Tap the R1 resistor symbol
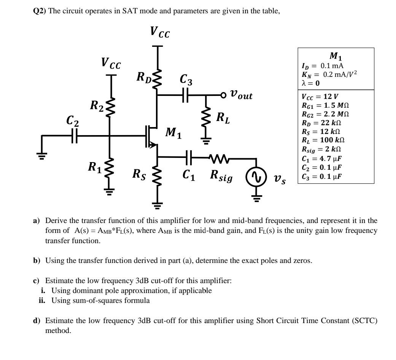(110, 167)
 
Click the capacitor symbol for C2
(74, 135)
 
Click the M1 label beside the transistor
(173, 134)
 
